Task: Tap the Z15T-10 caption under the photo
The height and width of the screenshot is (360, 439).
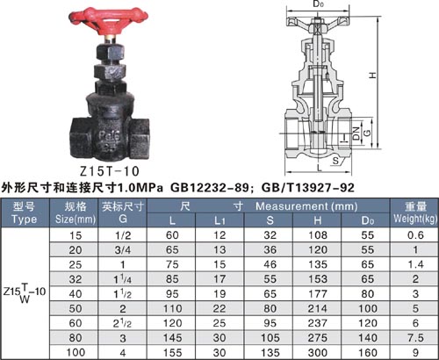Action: point(110,171)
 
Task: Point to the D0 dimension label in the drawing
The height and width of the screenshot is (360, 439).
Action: point(319,4)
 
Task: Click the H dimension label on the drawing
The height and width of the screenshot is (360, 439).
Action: point(372,75)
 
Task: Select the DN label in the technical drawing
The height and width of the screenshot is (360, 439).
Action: point(356,133)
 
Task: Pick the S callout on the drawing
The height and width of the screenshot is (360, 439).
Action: point(335,161)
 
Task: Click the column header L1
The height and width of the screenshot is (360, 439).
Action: point(219,220)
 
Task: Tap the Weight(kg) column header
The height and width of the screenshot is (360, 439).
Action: point(415,219)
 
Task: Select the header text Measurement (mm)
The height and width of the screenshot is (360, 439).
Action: point(306,206)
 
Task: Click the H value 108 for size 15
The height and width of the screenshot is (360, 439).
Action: point(318,235)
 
